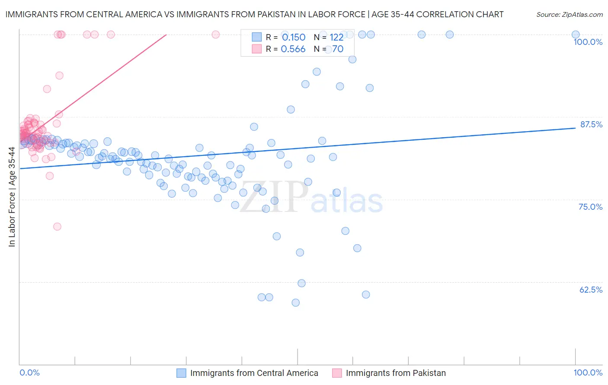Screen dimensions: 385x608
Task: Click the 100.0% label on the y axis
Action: tap(588, 42)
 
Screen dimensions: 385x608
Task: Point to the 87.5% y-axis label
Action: tap(591, 124)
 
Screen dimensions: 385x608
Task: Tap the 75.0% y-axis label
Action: tap(590, 207)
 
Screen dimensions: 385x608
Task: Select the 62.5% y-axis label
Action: tap(591, 290)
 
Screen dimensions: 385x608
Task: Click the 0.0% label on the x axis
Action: tap(29, 372)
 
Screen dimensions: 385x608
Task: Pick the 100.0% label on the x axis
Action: tap(588, 372)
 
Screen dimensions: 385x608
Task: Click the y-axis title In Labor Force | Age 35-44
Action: tap(12, 197)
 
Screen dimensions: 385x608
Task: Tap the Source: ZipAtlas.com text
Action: tap(569, 14)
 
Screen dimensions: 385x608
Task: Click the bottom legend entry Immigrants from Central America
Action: tap(254, 373)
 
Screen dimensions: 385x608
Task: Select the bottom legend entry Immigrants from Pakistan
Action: tap(395, 373)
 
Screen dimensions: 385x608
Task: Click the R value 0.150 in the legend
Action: tap(293, 38)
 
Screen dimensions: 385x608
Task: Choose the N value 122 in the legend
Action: tap(336, 38)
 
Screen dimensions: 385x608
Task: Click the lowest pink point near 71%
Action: tap(57, 227)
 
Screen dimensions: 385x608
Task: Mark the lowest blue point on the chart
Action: tap(296, 303)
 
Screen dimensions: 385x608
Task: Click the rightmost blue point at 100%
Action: tap(576, 35)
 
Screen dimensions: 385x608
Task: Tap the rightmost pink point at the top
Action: tap(216, 35)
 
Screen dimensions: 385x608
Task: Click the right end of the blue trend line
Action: tap(576, 128)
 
